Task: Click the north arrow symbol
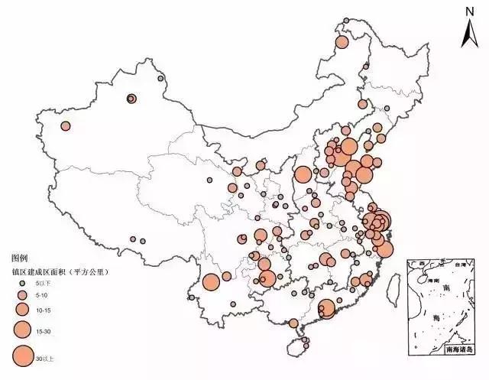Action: tap(470, 33)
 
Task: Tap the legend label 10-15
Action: tap(42, 308)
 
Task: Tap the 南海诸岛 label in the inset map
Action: tap(458, 349)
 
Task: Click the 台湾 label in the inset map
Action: tap(460, 265)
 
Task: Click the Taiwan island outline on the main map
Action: tap(394, 287)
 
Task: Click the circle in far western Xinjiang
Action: tap(66, 126)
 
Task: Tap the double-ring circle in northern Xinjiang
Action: tap(131, 98)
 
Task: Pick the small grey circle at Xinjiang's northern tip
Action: tap(160, 78)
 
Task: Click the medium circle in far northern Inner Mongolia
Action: tap(342, 41)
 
